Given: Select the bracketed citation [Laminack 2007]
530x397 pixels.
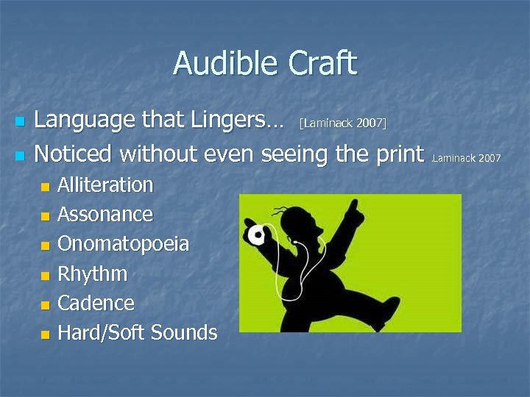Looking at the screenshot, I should pos(343,122).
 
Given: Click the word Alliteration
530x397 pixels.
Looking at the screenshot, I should pos(105,185).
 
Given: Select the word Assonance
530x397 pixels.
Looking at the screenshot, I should pos(105,215).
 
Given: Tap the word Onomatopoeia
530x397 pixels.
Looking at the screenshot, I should pos(123,244).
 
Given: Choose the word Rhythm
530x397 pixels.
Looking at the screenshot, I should pos(92,274).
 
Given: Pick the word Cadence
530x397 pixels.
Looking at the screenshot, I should pos(96,303).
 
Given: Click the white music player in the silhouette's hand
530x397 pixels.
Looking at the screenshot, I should pos(256,235).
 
